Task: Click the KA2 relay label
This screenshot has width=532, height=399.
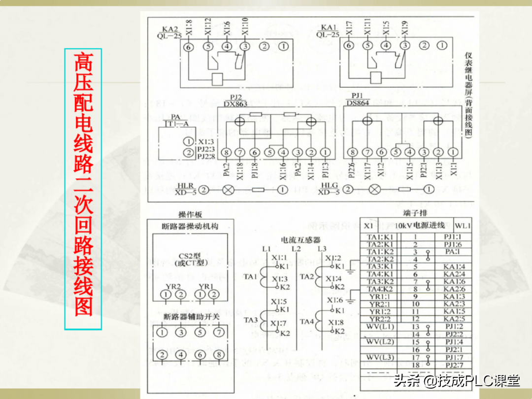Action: (170, 31)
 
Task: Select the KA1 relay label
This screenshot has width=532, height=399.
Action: (329, 31)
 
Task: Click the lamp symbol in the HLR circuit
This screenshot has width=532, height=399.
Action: (228, 189)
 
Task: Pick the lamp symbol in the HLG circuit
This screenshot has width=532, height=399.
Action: (375, 189)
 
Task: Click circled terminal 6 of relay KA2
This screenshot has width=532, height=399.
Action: (188, 47)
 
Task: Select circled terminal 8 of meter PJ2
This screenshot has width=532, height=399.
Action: (226, 152)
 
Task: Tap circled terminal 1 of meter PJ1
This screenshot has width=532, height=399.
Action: (453, 152)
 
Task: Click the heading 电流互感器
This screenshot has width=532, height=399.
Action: (300, 240)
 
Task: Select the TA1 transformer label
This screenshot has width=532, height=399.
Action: (250, 277)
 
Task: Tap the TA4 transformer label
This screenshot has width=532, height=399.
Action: (307, 322)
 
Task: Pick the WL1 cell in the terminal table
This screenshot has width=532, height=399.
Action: (463, 226)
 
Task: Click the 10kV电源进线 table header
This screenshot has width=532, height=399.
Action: (416, 225)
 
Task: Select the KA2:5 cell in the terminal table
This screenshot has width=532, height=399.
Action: (453, 319)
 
